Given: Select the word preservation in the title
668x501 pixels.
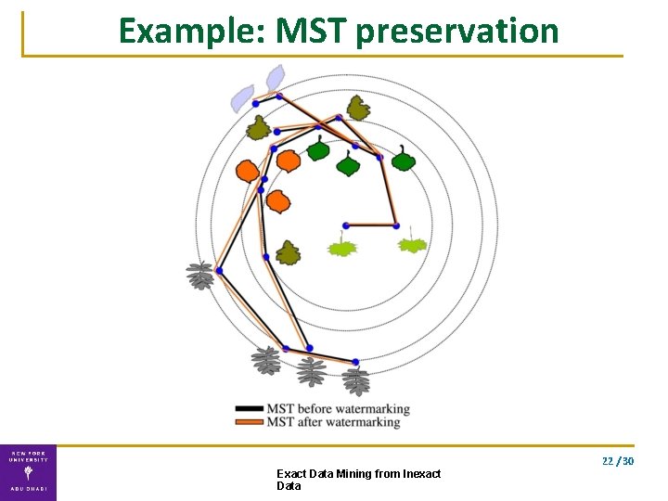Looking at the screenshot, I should [456, 32].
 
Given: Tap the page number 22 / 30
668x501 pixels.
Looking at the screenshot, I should [617, 461].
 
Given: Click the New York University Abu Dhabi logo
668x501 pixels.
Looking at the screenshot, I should [28, 472].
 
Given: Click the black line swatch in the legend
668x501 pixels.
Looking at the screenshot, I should [250, 408].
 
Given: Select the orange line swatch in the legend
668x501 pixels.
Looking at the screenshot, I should [250, 422].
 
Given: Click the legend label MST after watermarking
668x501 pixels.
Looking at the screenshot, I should [333, 422].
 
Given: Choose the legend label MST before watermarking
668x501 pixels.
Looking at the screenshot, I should [338, 408].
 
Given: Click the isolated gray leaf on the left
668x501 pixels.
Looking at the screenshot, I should [200, 276].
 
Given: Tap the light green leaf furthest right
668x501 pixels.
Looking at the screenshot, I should [412, 245].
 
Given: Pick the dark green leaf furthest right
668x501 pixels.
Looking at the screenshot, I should [403, 160].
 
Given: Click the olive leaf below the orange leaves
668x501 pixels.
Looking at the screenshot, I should [289, 252].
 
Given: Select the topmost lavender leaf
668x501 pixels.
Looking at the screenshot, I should [276, 78].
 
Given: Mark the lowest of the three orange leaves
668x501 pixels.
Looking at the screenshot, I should [277, 200].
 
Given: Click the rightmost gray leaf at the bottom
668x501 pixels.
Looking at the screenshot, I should [355, 379].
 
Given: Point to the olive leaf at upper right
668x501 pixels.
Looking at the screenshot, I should [357, 109].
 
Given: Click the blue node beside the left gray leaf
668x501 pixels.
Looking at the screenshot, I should [220, 271].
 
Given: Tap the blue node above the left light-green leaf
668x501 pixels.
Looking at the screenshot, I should [345, 225].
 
